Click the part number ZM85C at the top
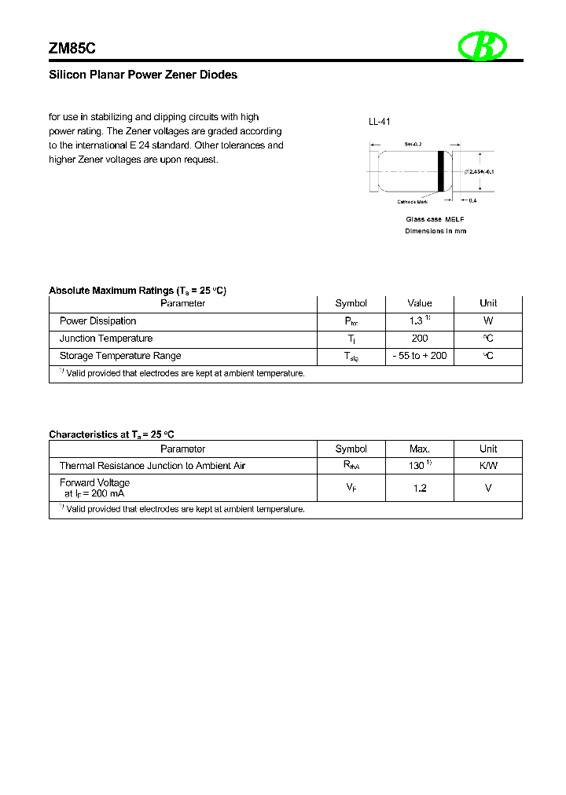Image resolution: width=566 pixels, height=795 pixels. coord(72,48)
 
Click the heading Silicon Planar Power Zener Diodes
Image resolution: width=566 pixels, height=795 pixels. coord(143,75)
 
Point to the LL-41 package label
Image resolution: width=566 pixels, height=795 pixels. coord(380,122)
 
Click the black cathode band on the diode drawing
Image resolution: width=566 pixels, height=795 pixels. coord(442,170)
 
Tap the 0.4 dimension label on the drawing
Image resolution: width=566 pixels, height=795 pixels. coord(472,200)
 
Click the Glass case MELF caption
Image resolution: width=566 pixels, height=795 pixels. coord(435,219)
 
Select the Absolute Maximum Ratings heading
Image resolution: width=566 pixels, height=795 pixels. coord(138,291)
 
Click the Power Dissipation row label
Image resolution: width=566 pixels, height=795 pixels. coord(97,321)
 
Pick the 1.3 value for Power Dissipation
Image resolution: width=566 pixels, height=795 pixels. coord(417,321)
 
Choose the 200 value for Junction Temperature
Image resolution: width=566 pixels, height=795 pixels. coord(420,339)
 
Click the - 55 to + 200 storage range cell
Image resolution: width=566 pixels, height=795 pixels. coord(420,356)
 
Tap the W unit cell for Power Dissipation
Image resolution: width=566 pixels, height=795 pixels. coord(488,321)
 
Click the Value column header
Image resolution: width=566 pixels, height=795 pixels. coord(420,303)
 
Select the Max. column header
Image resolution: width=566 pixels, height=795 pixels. coord(420,449)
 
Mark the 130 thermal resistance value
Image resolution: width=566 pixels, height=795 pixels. coord(417,466)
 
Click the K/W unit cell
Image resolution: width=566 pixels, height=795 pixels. coord(488,466)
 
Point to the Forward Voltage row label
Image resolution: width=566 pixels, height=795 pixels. coord(94,482)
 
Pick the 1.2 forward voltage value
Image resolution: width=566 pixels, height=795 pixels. coord(420,488)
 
